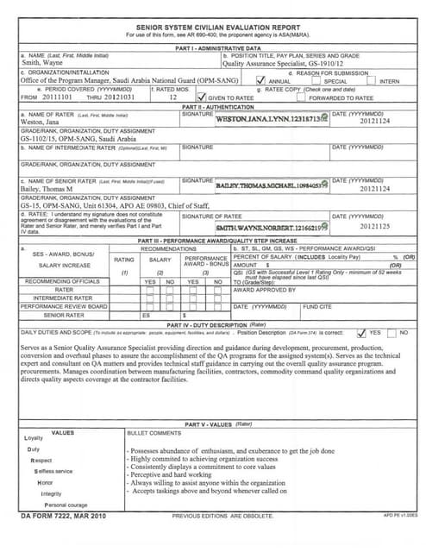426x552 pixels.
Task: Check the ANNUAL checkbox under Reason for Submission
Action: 260,80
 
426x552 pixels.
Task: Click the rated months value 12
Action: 173,97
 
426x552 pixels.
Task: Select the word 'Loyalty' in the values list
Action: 33,438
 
